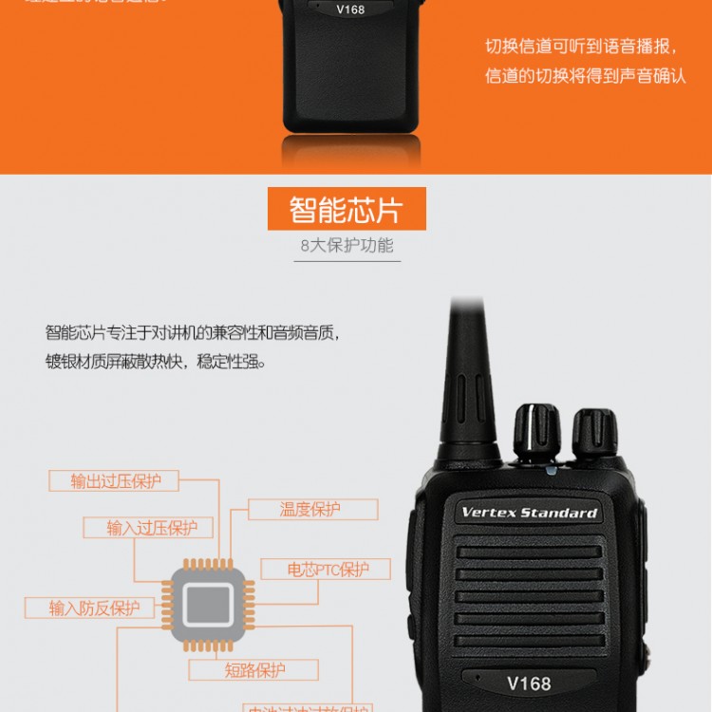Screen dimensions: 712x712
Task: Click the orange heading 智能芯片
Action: click(x=347, y=209)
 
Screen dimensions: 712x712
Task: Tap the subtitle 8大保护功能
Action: click(x=347, y=246)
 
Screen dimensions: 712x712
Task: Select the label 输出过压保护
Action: click(x=116, y=480)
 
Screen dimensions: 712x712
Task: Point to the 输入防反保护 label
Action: click(x=94, y=609)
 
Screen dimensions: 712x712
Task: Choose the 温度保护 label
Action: click(x=309, y=509)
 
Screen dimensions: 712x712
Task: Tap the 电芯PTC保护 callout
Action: click(x=327, y=570)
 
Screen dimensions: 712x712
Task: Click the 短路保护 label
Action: click(x=254, y=670)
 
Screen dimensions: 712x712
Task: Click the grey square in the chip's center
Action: click(x=208, y=605)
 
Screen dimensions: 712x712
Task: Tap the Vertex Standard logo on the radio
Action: click(x=529, y=513)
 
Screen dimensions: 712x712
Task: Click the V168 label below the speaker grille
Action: click(x=529, y=683)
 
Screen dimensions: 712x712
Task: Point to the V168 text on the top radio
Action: click(x=349, y=9)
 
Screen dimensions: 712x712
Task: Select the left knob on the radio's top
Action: click(x=537, y=432)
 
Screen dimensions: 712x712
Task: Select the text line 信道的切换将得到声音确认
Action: click(x=585, y=76)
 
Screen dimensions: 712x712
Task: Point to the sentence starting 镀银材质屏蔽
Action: click(x=156, y=362)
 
